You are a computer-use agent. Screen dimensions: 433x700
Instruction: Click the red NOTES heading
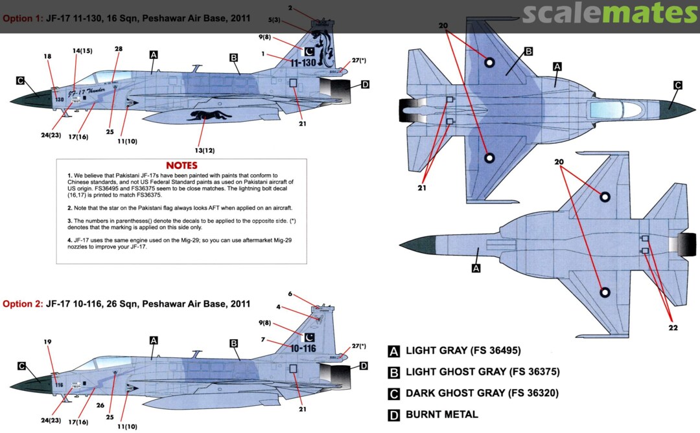[181, 166]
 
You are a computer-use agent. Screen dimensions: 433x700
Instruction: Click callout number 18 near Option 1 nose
[47, 57]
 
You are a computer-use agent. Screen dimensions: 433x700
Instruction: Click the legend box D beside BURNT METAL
[393, 415]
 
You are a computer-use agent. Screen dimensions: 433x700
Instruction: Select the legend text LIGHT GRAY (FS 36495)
[463, 351]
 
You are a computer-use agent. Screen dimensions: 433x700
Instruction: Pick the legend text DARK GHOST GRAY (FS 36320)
[482, 393]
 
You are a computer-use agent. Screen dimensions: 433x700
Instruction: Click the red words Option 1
[22, 19]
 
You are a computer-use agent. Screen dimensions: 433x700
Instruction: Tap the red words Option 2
[22, 303]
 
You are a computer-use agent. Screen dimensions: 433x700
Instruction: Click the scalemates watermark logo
[609, 13]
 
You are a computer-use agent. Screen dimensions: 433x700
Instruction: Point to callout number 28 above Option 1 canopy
[118, 49]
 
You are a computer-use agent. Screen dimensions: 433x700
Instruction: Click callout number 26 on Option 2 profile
[100, 406]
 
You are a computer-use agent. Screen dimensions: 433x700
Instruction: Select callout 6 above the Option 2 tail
[291, 294]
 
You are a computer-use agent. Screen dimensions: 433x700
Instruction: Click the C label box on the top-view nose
[678, 85]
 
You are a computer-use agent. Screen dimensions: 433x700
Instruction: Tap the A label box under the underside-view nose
[476, 267]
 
